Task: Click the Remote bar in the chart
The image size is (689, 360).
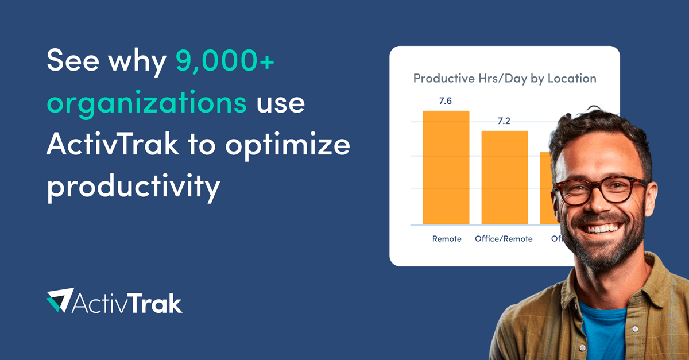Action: coord(446,168)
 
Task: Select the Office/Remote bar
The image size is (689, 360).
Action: coord(504,178)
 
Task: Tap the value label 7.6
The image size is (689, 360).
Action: coord(446,101)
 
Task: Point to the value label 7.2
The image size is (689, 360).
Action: coord(504,121)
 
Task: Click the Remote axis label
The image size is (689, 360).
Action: coord(447,238)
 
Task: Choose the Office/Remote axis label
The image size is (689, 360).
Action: coord(504,238)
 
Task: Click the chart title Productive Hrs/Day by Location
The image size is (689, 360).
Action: coord(505,78)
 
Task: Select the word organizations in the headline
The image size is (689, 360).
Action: coord(147,104)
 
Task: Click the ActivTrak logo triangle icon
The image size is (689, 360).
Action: coord(60,300)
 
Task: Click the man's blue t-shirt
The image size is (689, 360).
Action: coord(603,333)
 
